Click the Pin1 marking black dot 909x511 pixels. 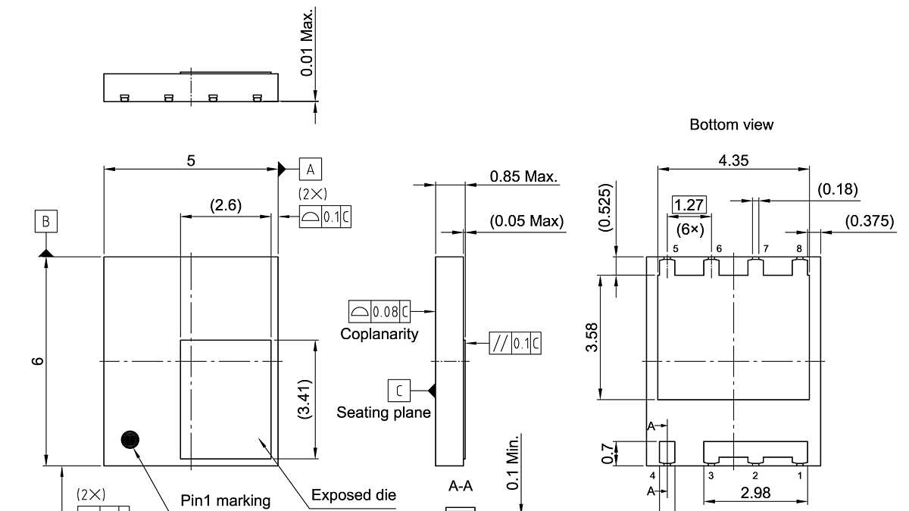[x=130, y=440]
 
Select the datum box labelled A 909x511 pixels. [x=311, y=169]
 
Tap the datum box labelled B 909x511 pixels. [x=46, y=221]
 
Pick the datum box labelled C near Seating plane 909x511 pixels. [x=399, y=391]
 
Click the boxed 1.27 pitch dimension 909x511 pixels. [x=689, y=205]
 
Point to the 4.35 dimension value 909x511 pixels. [x=733, y=160]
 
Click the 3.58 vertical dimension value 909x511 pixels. [x=592, y=338]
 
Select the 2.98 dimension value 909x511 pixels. [x=755, y=493]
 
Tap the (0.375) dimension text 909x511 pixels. [x=870, y=221]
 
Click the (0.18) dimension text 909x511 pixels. [x=838, y=189]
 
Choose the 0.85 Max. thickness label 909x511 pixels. [x=524, y=176]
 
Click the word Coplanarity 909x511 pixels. [x=379, y=334]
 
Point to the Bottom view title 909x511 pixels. [x=731, y=124]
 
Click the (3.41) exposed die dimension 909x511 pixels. [x=304, y=400]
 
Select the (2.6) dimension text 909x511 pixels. [x=226, y=205]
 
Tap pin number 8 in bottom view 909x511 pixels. [x=799, y=248]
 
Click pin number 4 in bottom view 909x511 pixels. [x=652, y=475]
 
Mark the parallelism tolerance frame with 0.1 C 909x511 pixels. [x=515, y=343]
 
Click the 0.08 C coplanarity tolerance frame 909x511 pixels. [x=380, y=311]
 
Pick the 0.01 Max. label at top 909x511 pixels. [x=308, y=42]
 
